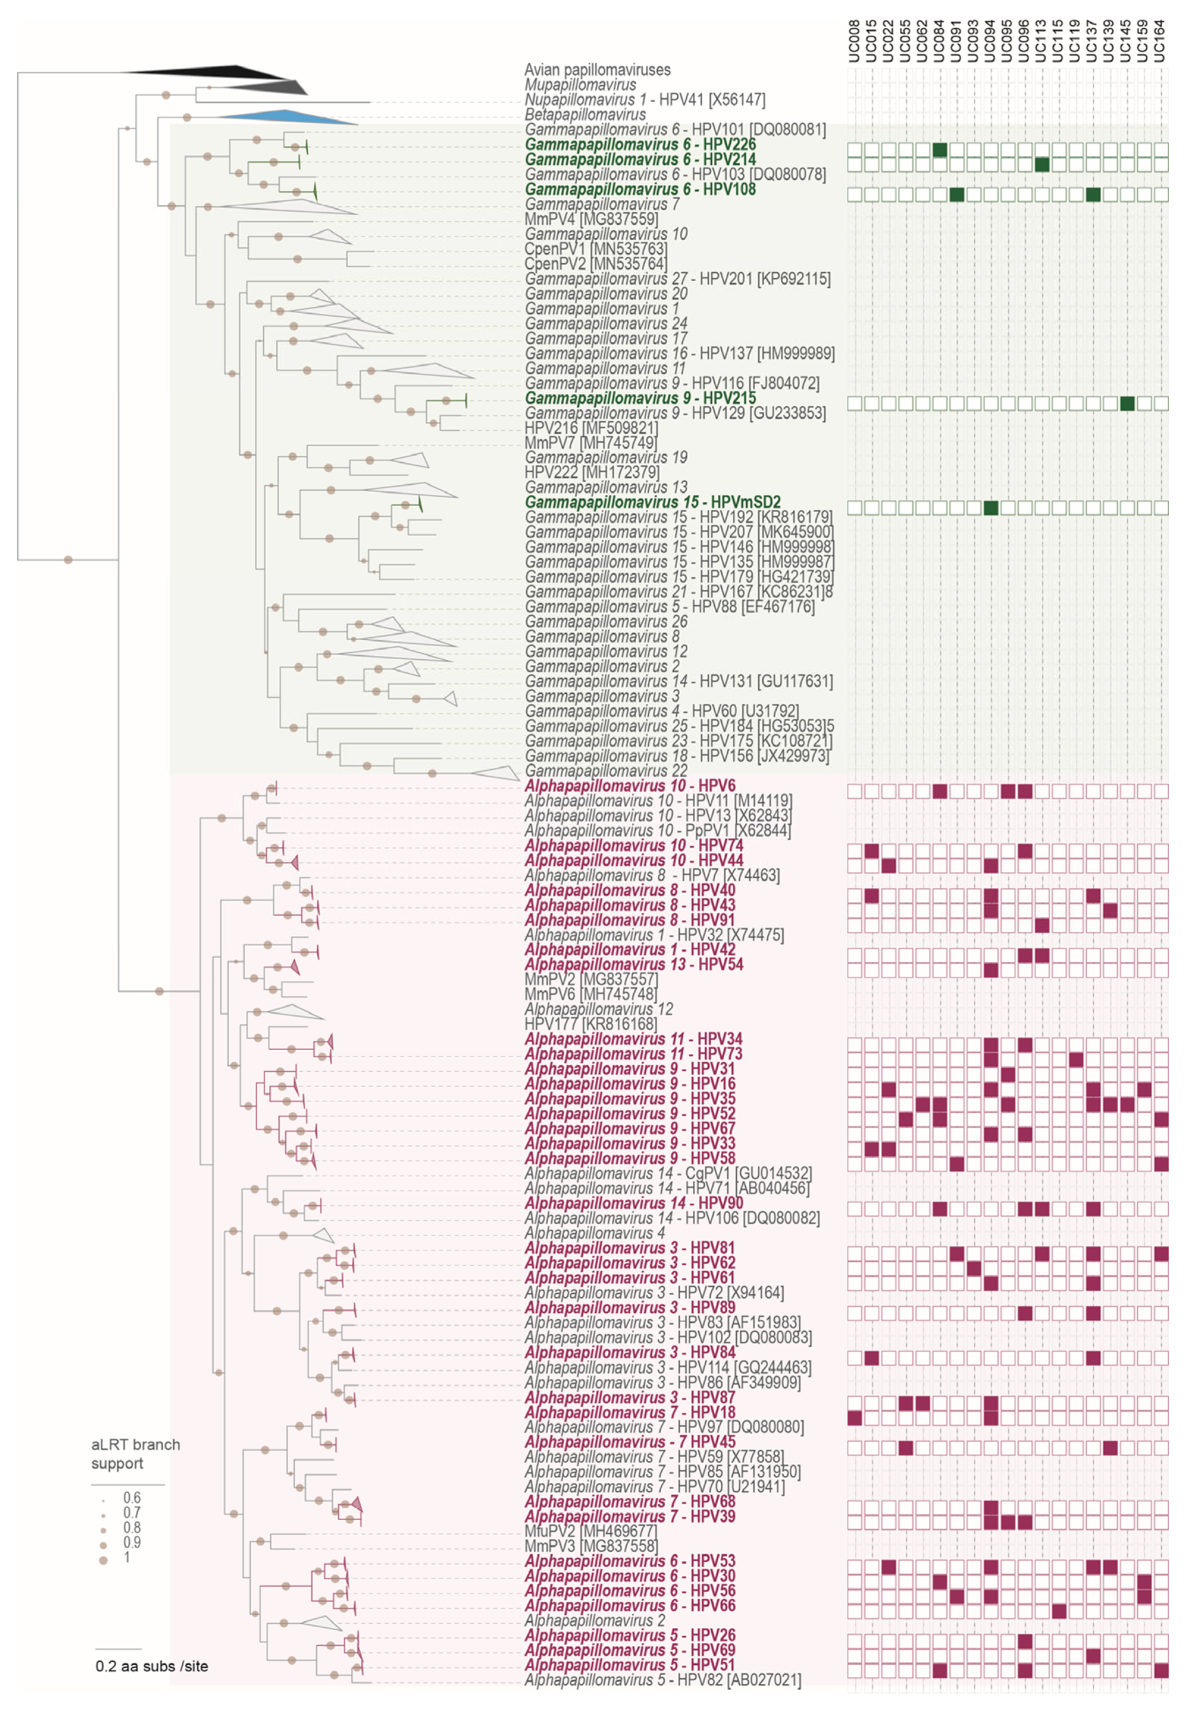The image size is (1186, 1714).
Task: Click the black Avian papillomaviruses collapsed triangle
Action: [223, 72]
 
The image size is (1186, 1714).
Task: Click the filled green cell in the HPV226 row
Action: [940, 150]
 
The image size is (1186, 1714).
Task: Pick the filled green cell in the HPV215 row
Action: [1127, 403]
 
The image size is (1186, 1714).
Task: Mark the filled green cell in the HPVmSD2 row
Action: [991, 508]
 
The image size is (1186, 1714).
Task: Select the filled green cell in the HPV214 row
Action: [1042, 164]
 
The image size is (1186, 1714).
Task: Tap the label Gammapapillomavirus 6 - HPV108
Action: [640, 189]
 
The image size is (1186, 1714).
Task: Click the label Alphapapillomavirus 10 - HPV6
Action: [629, 786]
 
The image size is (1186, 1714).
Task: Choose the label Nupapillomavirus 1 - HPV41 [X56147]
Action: [644, 99]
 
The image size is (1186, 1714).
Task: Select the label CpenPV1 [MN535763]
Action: [595, 249]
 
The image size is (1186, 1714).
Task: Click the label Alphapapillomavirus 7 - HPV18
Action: [629, 1413]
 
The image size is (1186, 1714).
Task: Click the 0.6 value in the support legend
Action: [131, 1497]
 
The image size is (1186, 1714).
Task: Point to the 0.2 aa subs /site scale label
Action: [152, 1666]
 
